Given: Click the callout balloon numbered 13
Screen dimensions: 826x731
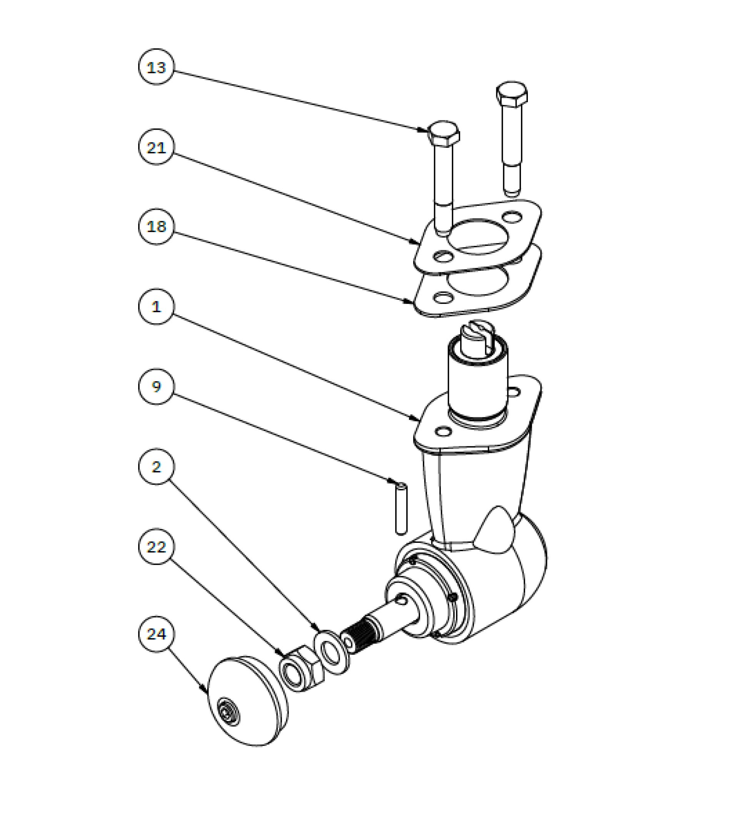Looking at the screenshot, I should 156,67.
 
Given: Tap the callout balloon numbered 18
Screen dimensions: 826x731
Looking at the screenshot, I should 156,226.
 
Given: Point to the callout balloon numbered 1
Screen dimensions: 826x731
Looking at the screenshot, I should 156,306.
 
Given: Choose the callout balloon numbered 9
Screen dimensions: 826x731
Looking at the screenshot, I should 156,386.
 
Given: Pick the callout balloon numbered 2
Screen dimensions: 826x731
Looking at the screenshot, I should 156,466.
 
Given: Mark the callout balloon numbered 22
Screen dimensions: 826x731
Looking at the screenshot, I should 156,546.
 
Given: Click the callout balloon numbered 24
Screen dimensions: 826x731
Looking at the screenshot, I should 156,634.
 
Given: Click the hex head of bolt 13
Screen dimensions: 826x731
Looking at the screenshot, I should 443,134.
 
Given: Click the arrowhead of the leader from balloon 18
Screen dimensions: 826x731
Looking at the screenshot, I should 411,302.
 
